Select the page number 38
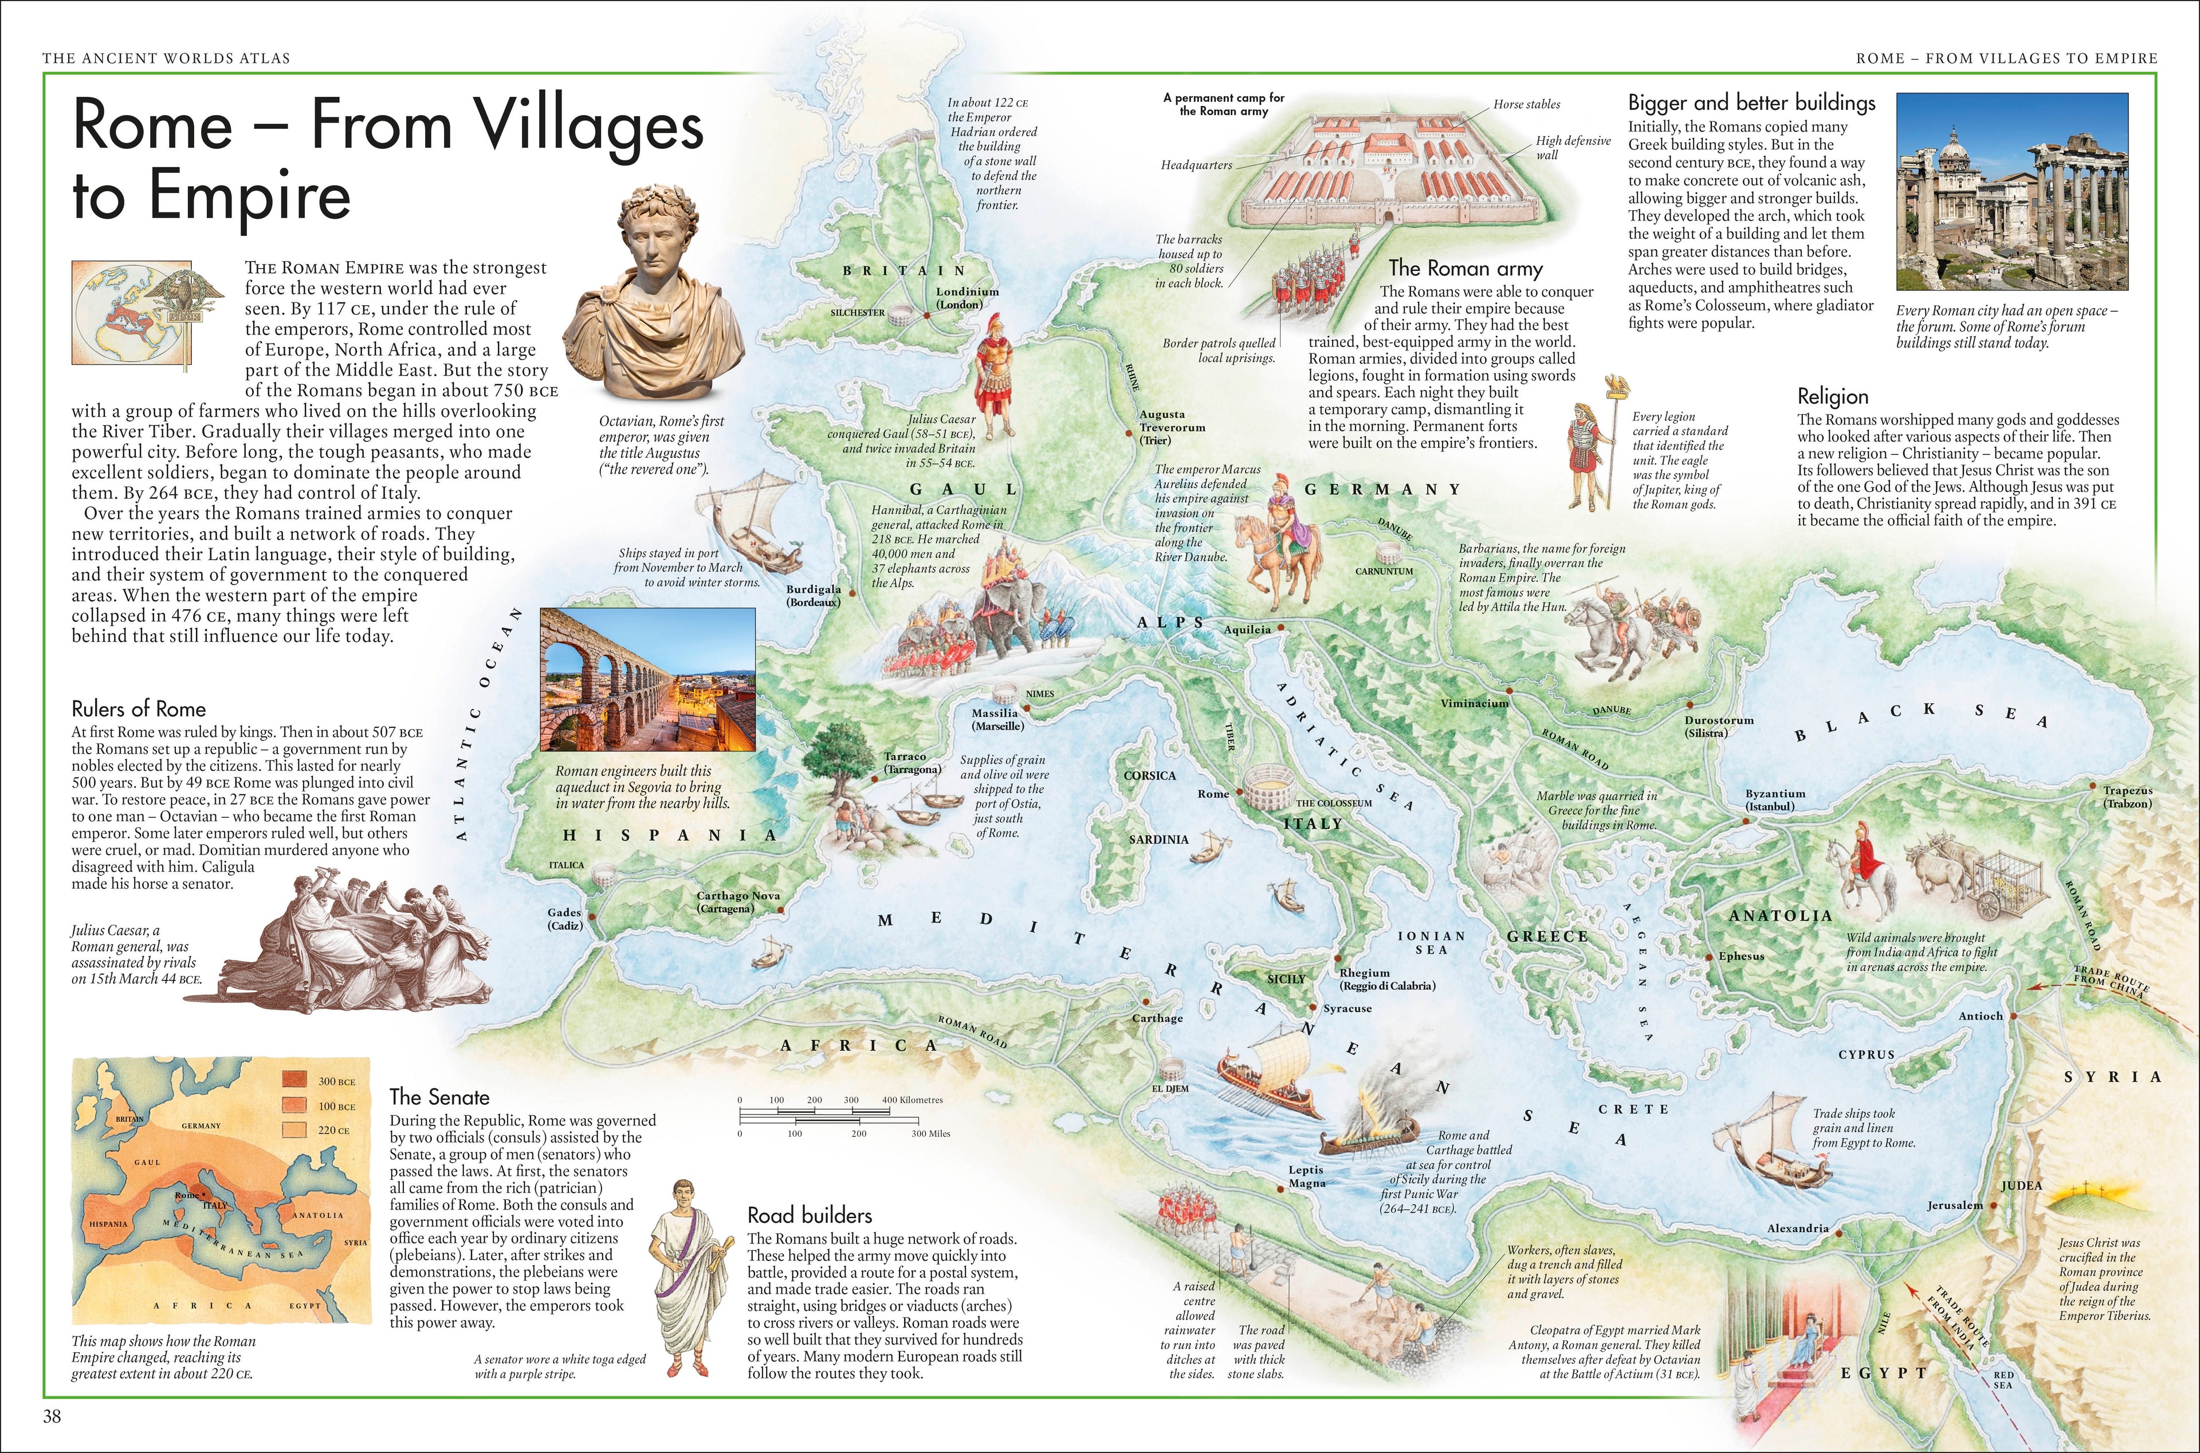(x=52, y=1415)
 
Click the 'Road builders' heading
(x=809, y=1215)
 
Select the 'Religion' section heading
(x=1832, y=396)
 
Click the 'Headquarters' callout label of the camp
(x=1196, y=165)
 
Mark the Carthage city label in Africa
(x=1157, y=1018)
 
